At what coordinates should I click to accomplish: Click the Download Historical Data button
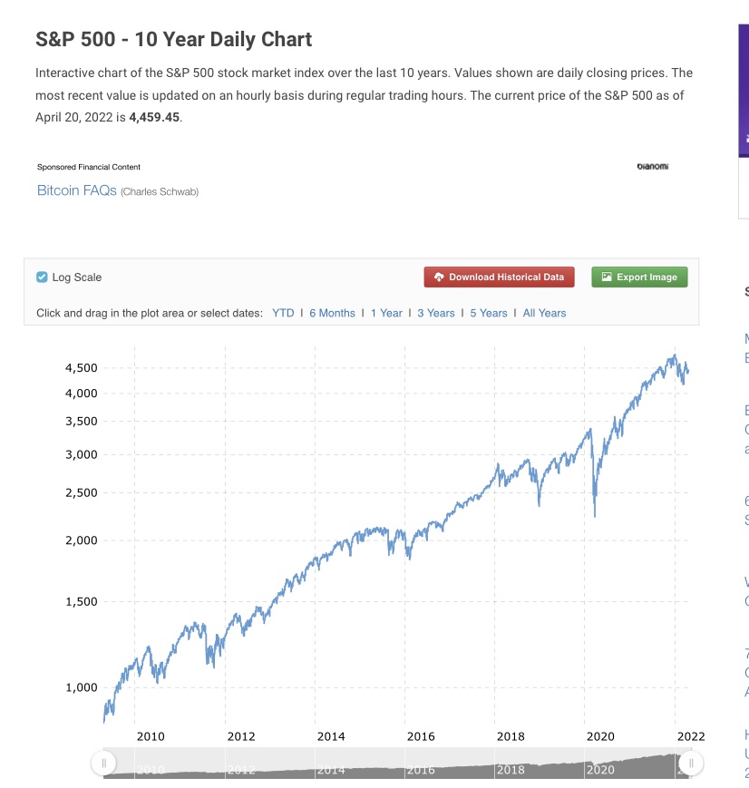[x=499, y=277]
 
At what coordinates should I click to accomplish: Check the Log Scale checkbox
[x=42, y=277]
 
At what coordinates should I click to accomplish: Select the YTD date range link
[x=283, y=313]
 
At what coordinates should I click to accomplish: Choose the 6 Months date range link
[x=332, y=313]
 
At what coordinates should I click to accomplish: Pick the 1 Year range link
[x=386, y=313]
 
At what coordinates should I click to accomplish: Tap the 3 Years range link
[x=436, y=313]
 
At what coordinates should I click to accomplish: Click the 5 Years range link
[x=489, y=313]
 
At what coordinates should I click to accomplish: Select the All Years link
[x=544, y=313]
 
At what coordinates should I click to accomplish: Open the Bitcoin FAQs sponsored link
[x=76, y=190]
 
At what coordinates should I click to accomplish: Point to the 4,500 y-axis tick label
[x=81, y=368]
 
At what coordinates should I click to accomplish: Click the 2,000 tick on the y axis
[x=81, y=540]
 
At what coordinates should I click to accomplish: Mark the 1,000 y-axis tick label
[x=81, y=687]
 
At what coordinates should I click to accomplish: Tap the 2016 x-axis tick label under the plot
[x=421, y=737]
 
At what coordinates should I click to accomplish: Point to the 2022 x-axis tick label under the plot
[x=690, y=737]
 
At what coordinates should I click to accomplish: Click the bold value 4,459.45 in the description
[x=154, y=117]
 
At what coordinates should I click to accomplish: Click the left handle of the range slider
[x=104, y=764]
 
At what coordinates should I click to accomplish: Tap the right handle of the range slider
[x=691, y=764]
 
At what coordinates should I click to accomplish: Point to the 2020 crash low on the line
[x=595, y=515]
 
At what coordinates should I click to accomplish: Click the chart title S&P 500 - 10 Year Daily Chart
[x=173, y=40]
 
